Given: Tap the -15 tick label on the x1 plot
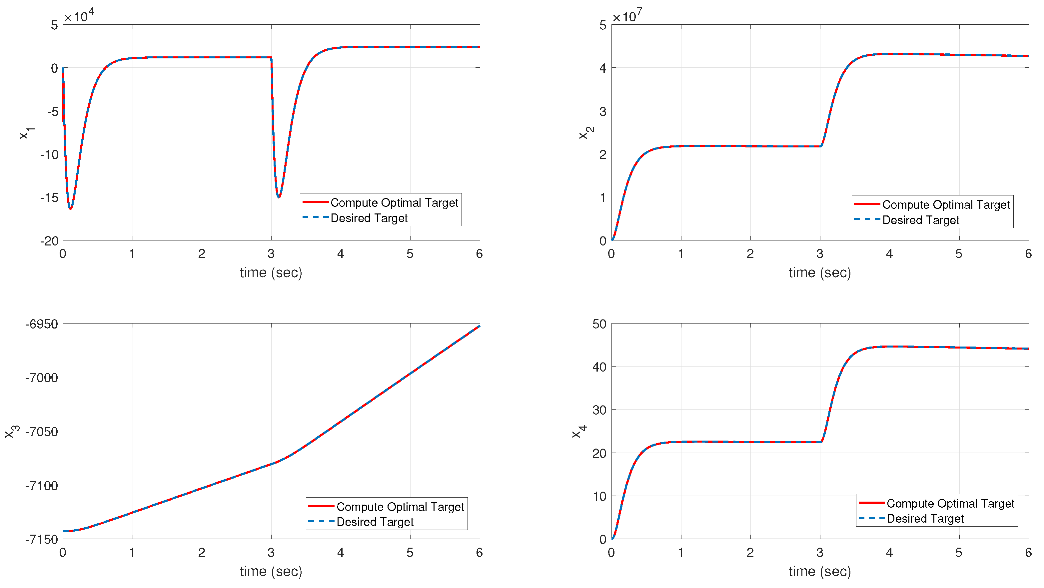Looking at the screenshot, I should coord(49,197).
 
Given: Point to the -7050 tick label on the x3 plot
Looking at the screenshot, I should coord(42,432).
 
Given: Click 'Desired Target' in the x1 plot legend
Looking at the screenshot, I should coord(369,218).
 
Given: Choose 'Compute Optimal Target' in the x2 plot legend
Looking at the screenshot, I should coord(946,205).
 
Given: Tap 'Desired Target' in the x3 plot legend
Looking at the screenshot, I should coord(375,522).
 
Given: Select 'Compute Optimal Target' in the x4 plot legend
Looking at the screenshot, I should coord(950,503).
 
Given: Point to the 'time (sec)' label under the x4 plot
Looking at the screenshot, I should coord(819,571).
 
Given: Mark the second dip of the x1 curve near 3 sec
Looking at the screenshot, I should coord(279,197).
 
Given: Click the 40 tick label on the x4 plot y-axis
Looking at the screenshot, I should coord(599,367).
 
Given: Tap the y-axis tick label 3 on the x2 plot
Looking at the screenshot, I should coord(603,111).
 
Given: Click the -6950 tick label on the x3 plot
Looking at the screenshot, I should coord(42,324).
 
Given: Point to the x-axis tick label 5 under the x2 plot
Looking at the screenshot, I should coord(958,254).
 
